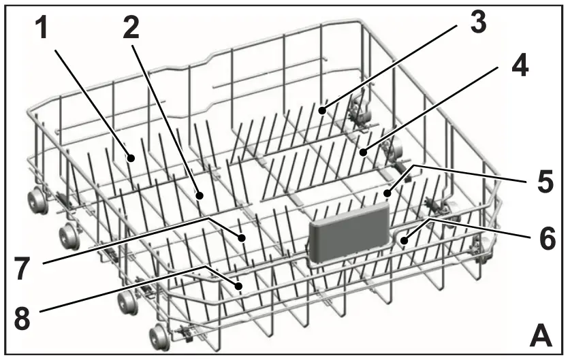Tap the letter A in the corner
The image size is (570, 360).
click(541, 334)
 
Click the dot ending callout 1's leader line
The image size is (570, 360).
click(131, 157)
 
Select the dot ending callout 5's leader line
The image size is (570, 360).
click(387, 193)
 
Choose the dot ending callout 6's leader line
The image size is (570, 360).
click(405, 240)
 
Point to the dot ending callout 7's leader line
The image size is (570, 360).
click(242, 238)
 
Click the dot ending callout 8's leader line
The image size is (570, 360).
click(240, 286)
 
